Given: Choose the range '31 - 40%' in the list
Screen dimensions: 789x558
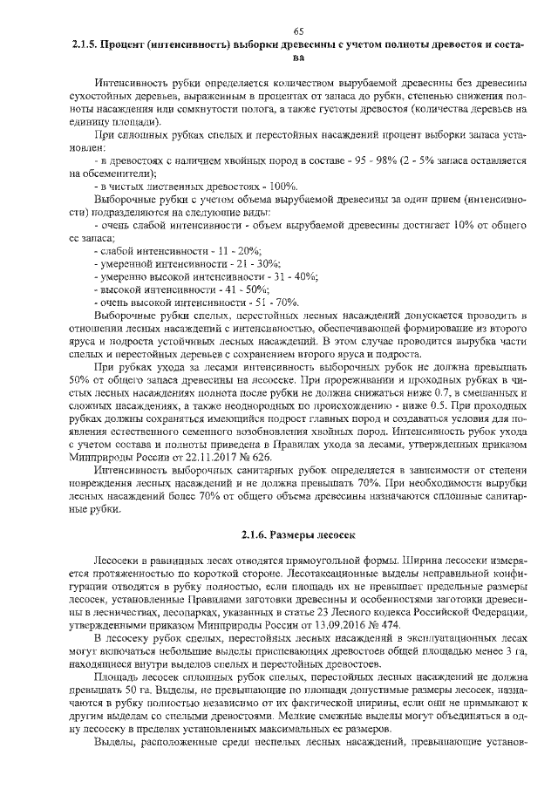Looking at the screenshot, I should coord(262,276).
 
